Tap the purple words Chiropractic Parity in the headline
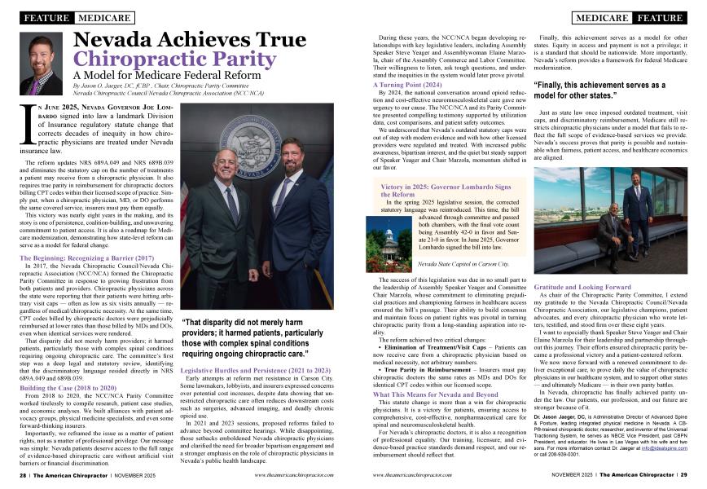[x=169, y=60]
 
